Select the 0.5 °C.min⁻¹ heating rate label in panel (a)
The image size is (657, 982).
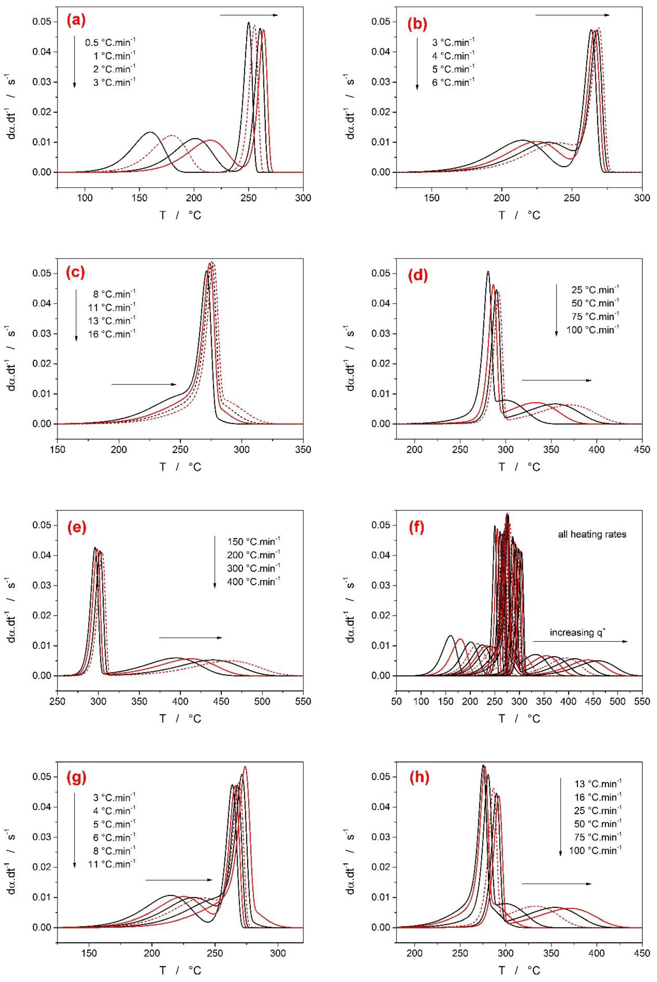point(110,42)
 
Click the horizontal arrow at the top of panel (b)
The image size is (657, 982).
point(572,15)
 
